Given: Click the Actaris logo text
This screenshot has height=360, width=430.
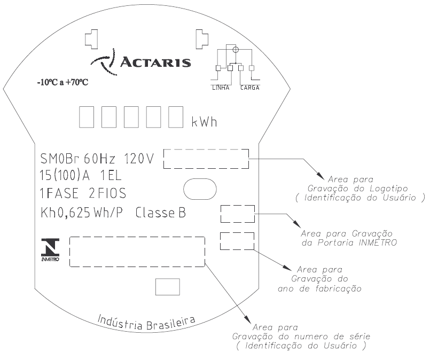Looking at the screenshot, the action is tap(155, 62).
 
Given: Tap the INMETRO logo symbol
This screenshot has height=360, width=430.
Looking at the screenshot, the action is tap(50, 249).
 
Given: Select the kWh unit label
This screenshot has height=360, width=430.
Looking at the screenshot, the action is tap(204, 122).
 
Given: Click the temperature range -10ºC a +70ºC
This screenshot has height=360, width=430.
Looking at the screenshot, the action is tap(63, 82).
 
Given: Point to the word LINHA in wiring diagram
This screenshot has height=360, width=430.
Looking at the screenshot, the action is tap(221, 88).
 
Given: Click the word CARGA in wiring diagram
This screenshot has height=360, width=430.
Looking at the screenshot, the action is tap(250, 88).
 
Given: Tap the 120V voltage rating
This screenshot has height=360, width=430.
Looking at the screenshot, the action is tap(139, 159).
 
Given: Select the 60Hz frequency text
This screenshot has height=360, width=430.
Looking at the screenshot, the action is tap(99, 159).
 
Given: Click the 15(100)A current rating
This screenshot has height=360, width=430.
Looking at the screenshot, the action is tap(65, 176).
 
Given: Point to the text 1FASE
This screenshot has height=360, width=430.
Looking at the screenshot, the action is tap(59, 193).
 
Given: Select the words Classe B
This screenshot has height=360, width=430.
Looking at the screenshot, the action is tap(161, 213).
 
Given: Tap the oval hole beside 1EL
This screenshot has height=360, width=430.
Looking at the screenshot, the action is tap(200, 189).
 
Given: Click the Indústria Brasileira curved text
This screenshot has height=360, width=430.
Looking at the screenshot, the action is tap(146, 323).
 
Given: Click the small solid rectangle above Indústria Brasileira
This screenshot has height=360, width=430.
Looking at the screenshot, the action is tap(168, 287).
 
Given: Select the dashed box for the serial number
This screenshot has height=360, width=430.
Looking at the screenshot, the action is tap(137, 237).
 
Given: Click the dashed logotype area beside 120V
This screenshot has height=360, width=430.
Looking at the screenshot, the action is tap(206, 150).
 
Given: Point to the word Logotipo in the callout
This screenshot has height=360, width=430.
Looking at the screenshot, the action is tap(389, 189).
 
